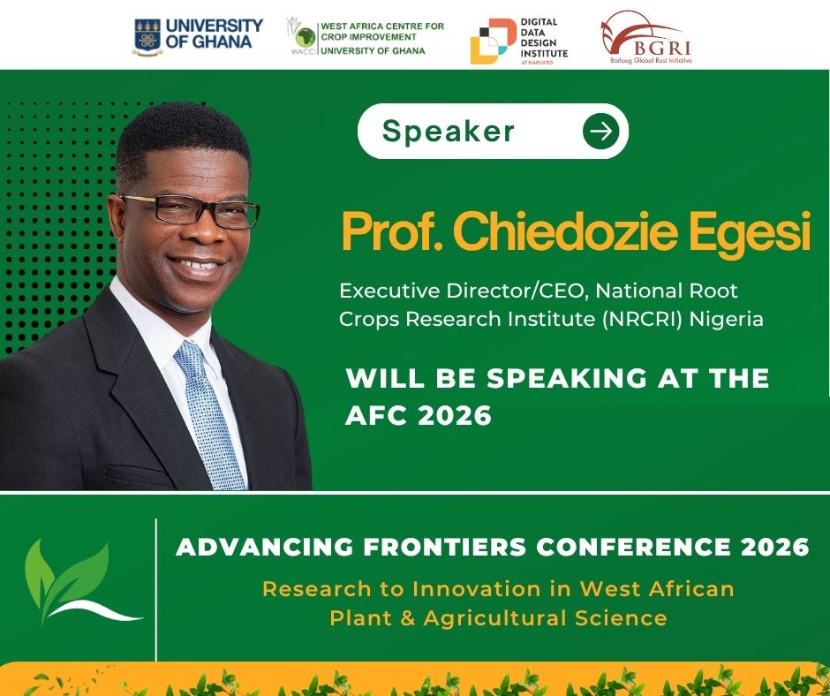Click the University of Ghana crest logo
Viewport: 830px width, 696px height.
pos(147,36)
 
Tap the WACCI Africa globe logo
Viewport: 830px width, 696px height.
pos(304,37)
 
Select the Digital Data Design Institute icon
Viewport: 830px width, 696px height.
pos(492,41)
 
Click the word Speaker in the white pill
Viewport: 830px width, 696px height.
pos(448,132)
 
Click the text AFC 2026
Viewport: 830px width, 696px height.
pos(419,415)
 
